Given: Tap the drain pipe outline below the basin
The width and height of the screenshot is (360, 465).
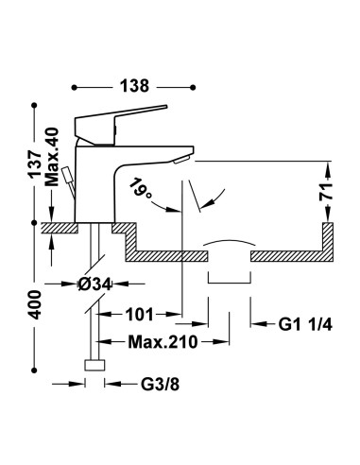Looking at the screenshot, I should point(228,274).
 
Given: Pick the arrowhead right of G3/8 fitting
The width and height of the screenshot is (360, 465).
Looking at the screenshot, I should point(105,384).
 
